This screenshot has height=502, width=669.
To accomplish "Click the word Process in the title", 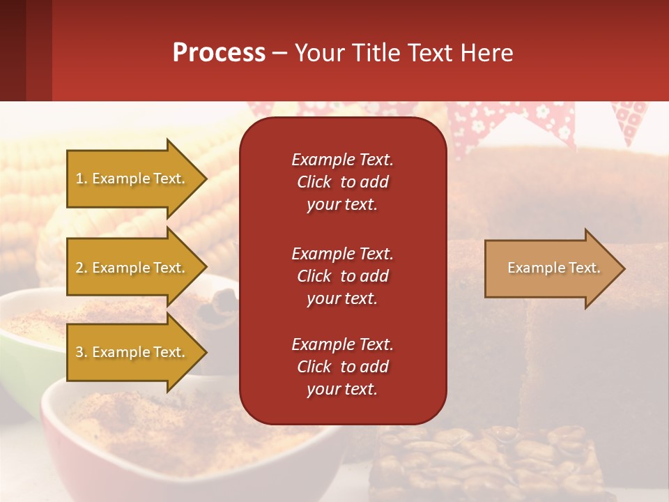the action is coord(219,53).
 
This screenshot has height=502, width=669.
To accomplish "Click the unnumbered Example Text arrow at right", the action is coord(553,268).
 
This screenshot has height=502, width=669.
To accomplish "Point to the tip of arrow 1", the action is coord(206,178).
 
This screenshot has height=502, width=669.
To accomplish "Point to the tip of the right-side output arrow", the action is coord(624,268).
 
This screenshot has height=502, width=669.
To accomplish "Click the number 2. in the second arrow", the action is coord(82,268).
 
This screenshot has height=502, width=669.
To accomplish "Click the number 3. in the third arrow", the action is coord(82,352).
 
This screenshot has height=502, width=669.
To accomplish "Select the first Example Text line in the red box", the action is coord(342,160).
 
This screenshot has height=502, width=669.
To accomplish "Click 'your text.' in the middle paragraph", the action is coord(342,298).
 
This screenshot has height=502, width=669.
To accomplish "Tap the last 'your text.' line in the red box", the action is coord(342,390).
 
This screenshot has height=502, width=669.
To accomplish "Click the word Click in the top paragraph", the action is coord(314,182).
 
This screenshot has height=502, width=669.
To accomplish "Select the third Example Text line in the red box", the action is coord(342,344).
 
